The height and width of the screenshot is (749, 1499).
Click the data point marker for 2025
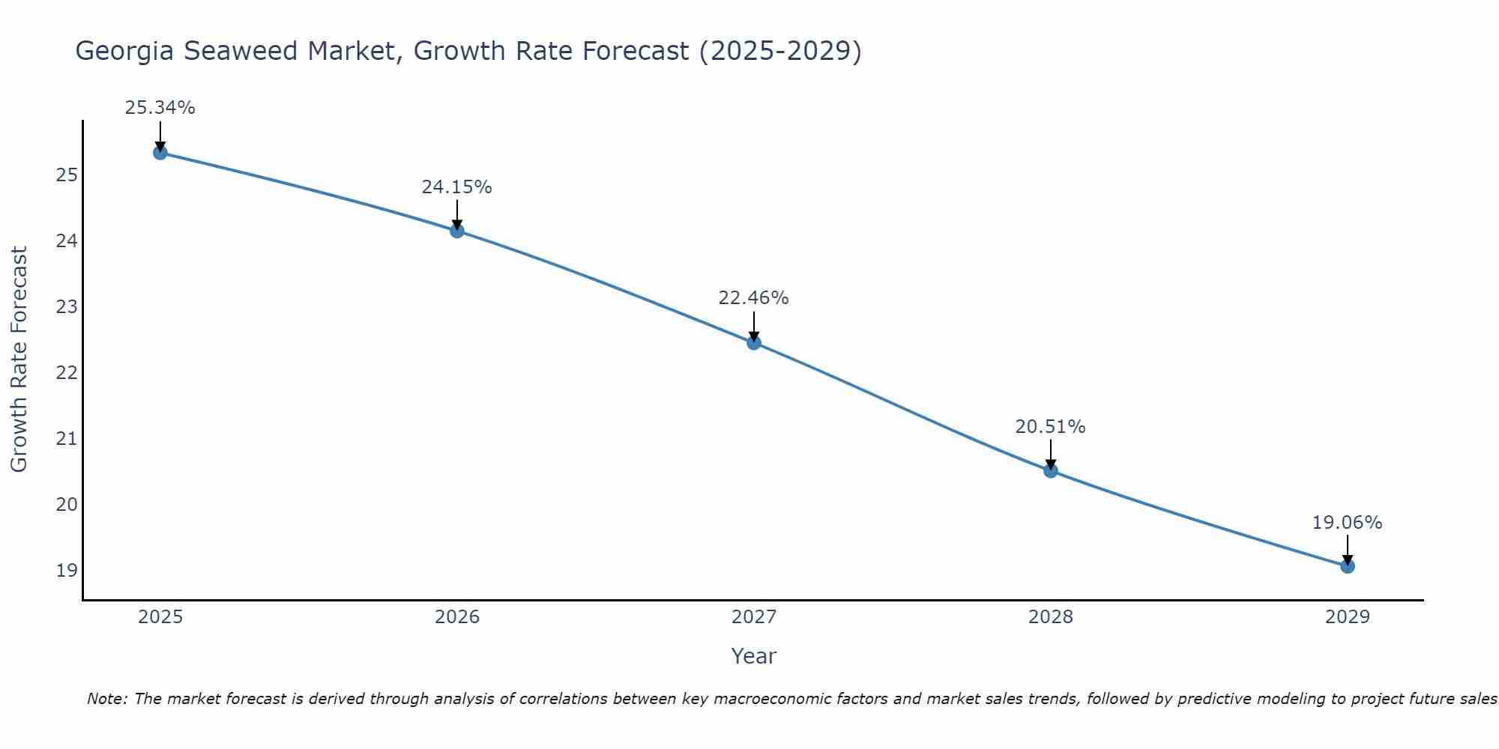pos(160,153)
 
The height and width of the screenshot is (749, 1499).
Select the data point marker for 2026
pos(457,231)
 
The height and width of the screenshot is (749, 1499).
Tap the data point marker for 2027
pos(754,343)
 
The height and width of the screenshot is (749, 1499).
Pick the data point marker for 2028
pos(1051,471)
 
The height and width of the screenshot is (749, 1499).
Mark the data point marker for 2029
pos(1348,566)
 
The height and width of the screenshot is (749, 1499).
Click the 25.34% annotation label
pos(160,108)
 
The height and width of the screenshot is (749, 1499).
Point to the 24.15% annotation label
pos(456,187)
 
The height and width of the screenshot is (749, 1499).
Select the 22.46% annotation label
pos(753,298)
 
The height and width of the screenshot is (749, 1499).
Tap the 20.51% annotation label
pos(1050,427)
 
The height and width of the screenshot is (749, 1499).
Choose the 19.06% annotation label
pos(1347,523)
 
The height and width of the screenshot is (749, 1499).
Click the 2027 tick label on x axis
pos(754,617)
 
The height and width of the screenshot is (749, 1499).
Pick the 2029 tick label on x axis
pos(1348,617)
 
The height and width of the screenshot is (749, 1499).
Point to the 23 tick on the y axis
pos(67,307)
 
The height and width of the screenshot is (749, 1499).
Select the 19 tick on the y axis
pos(67,571)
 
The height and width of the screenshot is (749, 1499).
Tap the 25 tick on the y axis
pos(67,175)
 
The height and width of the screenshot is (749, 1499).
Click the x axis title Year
pos(753,656)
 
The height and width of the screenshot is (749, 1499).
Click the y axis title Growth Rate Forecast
pos(19,360)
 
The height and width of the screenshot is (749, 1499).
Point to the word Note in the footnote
pos(108,699)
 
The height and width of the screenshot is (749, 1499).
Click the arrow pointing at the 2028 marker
pos(1051,454)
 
